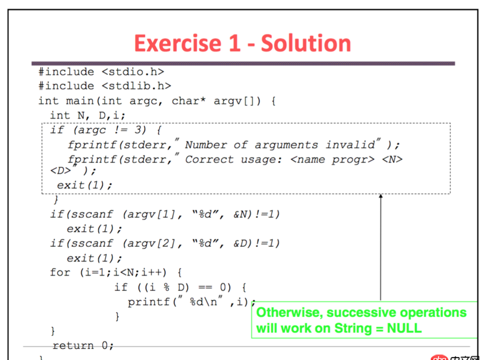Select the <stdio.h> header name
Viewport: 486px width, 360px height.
[132, 72]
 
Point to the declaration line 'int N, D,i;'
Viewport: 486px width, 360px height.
[87, 116]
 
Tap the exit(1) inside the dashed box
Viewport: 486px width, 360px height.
[85, 185]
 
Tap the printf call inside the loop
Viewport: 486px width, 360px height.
[146, 302]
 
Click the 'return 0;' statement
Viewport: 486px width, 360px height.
[83, 345]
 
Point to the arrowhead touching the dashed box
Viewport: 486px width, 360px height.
[381, 197]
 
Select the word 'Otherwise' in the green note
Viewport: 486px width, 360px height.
[286, 313]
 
